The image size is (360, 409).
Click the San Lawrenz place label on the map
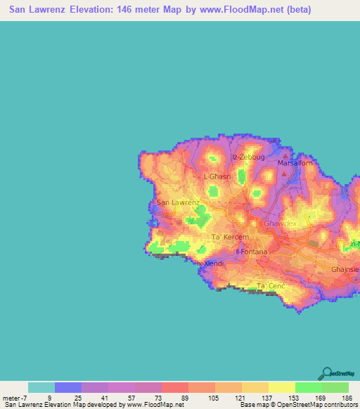click(x=178, y=202)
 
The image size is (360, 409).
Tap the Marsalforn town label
click(x=295, y=164)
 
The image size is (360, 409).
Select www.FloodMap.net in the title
click(x=237, y=11)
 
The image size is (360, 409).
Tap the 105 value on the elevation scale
click(x=215, y=398)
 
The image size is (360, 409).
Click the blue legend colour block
click(x=68, y=387)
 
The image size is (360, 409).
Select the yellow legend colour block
click(x=282, y=387)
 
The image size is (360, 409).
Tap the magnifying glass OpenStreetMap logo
click(x=326, y=374)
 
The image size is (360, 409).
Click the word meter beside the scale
click(x=13, y=398)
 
